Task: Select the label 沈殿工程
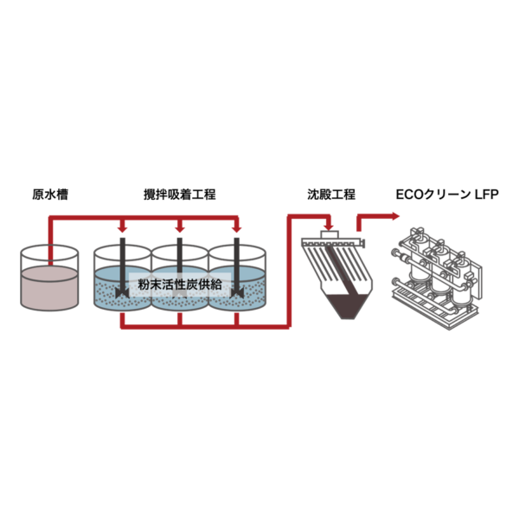tap(330, 195)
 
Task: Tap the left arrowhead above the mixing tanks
tap(123, 228)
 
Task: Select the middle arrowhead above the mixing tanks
tap(180, 228)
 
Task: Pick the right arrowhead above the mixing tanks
tap(236, 228)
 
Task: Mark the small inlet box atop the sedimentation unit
tap(329, 235)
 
